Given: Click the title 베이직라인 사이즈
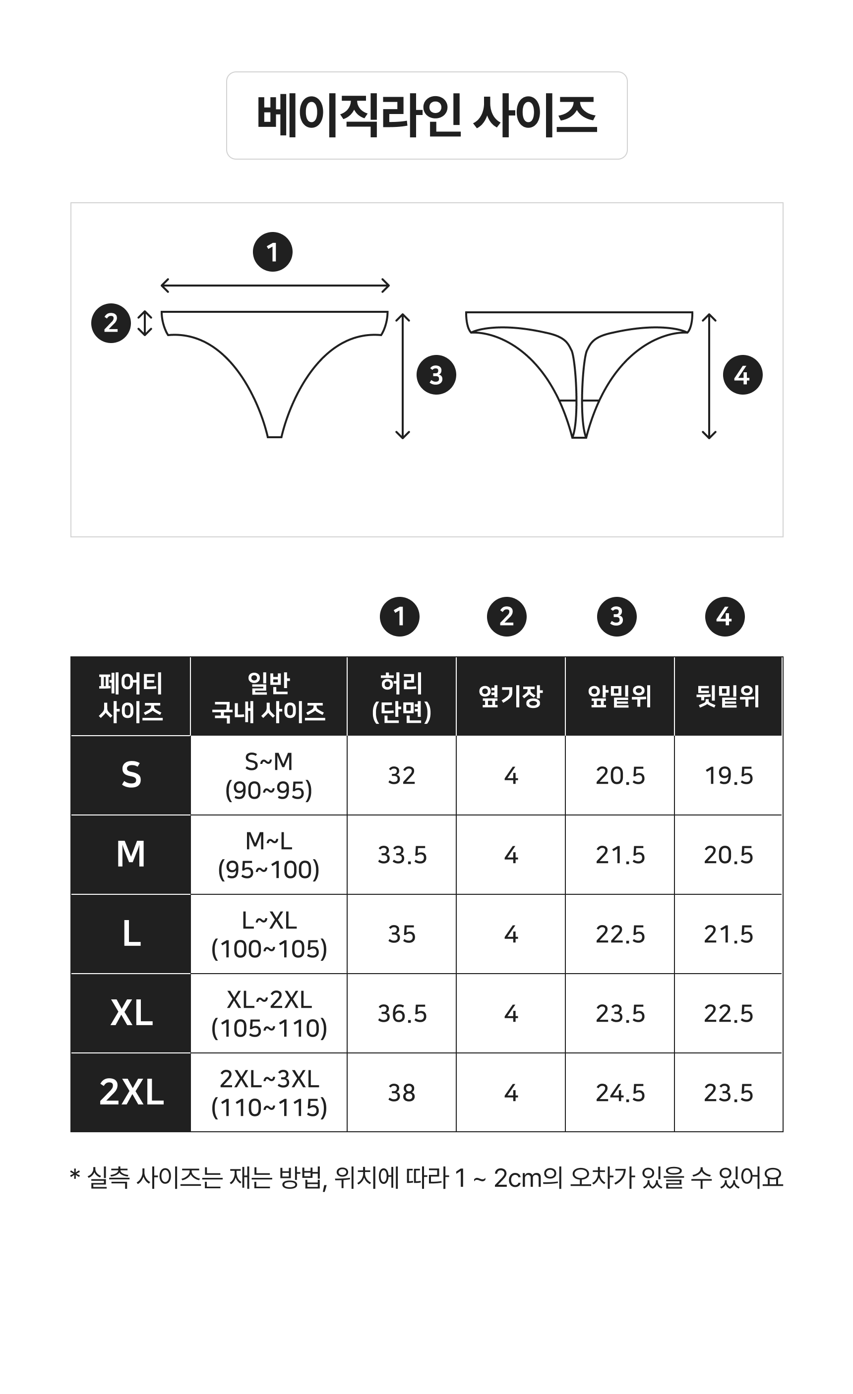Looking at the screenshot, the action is point(427,116).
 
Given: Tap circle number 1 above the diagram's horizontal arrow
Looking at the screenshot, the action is point(272,252).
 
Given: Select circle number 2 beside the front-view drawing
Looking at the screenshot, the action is point(111,323).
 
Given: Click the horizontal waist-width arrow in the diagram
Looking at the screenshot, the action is point(275,286).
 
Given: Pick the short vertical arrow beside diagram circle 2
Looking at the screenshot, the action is point(145,323).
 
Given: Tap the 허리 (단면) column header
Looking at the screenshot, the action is point(401,697).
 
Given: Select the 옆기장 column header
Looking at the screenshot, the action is point(510,697).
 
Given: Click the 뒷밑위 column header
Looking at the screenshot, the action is point(728,697).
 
